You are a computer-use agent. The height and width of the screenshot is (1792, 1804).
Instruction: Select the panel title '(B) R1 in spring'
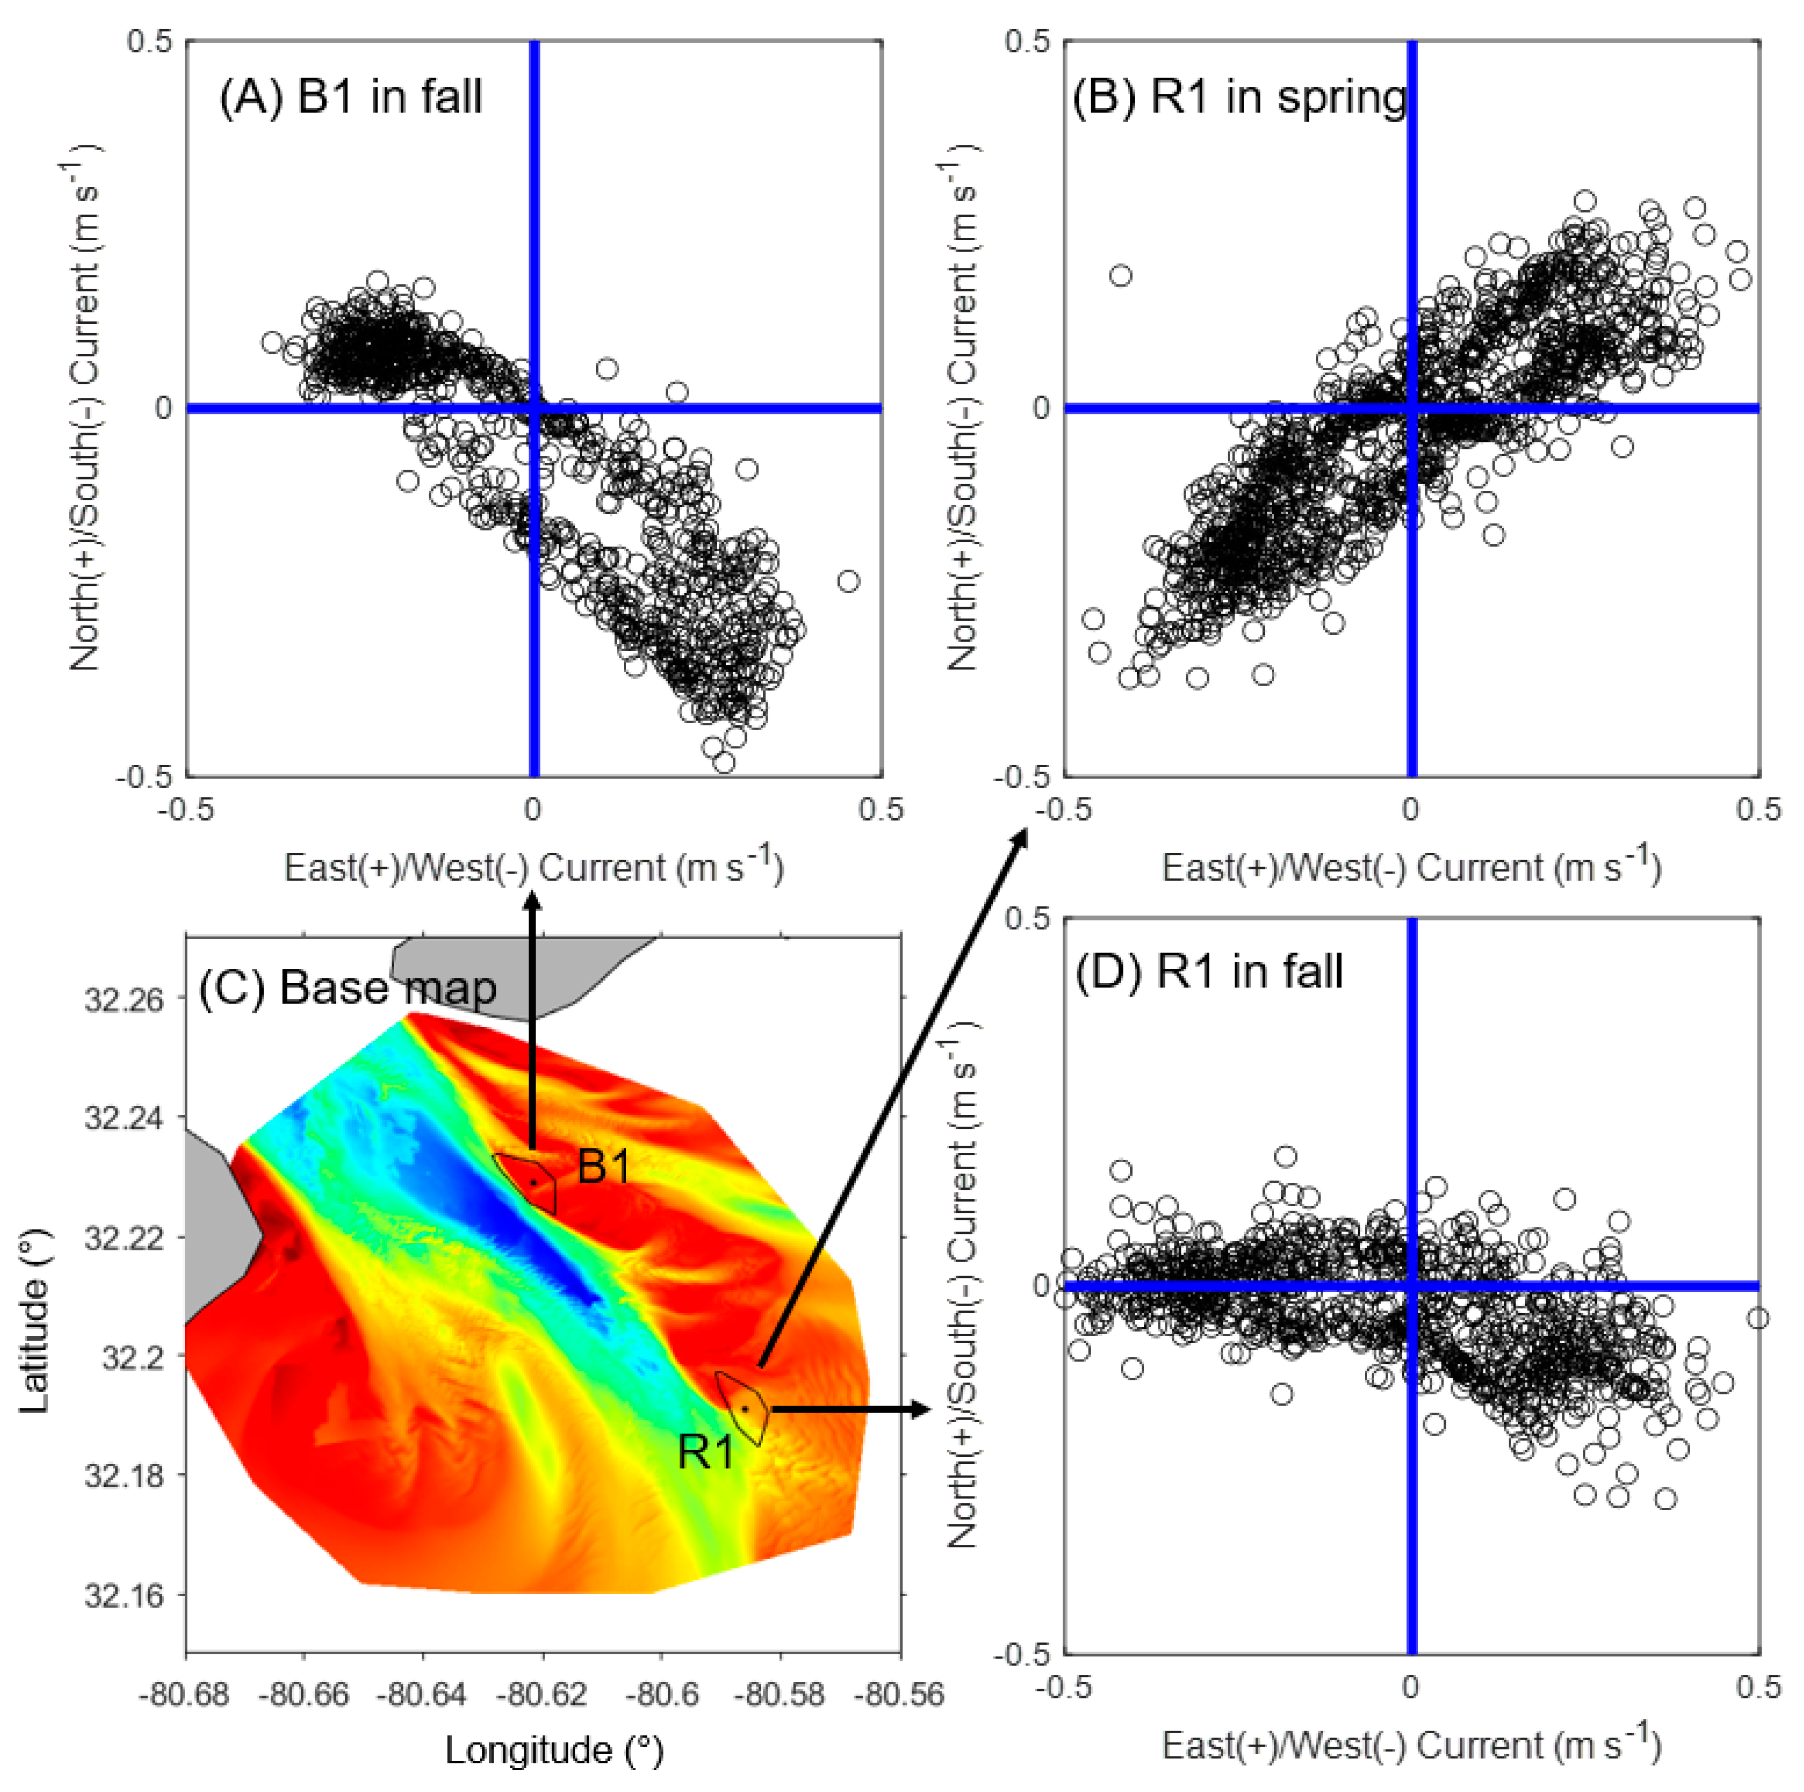pos(1239,97)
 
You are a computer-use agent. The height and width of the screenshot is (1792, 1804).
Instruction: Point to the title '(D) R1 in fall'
pos(1209,971)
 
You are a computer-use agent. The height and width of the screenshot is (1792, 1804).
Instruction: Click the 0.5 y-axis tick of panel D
pos(1027,918)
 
